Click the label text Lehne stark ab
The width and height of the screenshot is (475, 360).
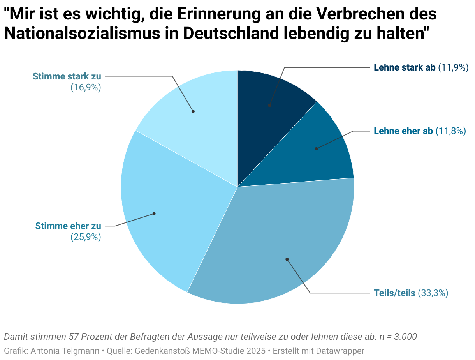pyautogui.click(x=404, y=67)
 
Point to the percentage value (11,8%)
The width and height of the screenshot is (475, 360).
pyautogui.click(x=450, y=131)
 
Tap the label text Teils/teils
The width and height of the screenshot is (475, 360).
pyautogui.click(x=394, y=293)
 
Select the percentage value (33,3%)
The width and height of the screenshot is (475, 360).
pyautogui.click(x=433, y=293)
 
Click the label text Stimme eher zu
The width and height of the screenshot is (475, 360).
pyautogui.click(x=68, y=226)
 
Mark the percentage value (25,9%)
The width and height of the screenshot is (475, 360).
pyautogui.click(x=86, y=237)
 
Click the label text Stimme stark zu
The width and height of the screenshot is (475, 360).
pyautogui.click(x=67, y=76)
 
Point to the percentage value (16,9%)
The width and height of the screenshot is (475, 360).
pyautogui.click(x=86, y=87)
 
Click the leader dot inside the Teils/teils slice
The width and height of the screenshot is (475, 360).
pyautogui.click(x=287, y=259)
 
